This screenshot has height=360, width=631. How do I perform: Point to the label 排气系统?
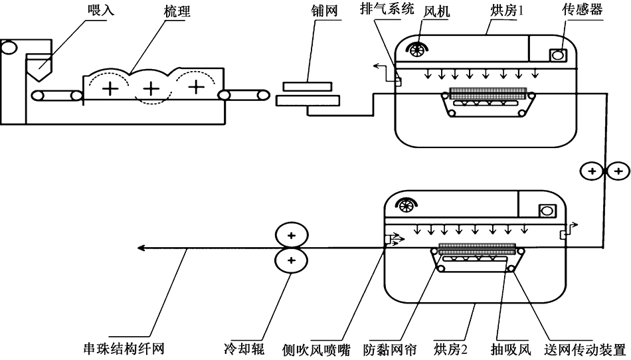click(387, 9)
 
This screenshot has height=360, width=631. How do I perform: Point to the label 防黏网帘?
click(389, 349)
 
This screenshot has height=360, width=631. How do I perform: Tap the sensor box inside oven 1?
click(556, 55)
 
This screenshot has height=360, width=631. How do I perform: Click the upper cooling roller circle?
click(291, 235)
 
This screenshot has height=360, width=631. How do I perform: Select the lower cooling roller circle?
click(291, 262)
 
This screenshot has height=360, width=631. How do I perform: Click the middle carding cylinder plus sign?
click(152, 87)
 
